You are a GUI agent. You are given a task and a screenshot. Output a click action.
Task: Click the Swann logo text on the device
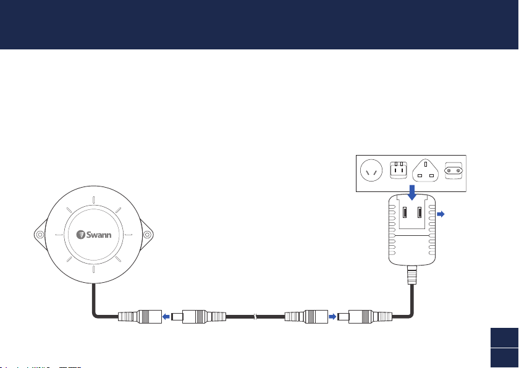[x=99, y=235]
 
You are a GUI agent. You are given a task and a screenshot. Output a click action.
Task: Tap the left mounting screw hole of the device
[x=40, y=235]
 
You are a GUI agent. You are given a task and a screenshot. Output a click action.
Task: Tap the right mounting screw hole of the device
[x=147, y=235]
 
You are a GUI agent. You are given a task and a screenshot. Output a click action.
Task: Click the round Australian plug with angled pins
[x=371, y=170]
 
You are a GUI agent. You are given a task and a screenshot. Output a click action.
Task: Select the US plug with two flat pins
[x=399, y=170]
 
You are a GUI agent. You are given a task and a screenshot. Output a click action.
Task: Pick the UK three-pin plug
[x=425, y=170]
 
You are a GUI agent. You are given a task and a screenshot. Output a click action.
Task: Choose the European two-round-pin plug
[x=454, y=170]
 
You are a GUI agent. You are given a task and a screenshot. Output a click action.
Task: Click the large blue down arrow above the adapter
[x=412, y=193]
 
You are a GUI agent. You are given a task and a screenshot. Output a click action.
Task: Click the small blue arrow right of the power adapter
[x=441, y=214]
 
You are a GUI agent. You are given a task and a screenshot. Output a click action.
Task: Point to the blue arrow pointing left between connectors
[x=166, y=317]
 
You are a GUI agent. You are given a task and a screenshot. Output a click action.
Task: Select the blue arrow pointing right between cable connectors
[x=332, y=317]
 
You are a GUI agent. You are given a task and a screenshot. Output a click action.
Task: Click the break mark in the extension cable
[x=255, y=317]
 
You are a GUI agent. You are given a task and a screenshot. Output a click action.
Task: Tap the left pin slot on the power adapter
[x=405, y=212]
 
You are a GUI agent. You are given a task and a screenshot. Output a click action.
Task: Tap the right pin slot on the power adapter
[x=420, y=212]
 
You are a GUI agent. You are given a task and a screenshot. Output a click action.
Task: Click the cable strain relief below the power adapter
[x=412, y=275]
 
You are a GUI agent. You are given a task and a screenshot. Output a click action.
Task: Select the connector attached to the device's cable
[x=140, y=317]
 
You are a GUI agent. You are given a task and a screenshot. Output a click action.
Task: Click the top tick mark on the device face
[x=94, y=200]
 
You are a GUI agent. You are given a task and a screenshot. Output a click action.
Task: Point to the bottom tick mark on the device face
[x=94, y=269]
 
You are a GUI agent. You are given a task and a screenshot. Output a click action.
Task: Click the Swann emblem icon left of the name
[x=81, y=235]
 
